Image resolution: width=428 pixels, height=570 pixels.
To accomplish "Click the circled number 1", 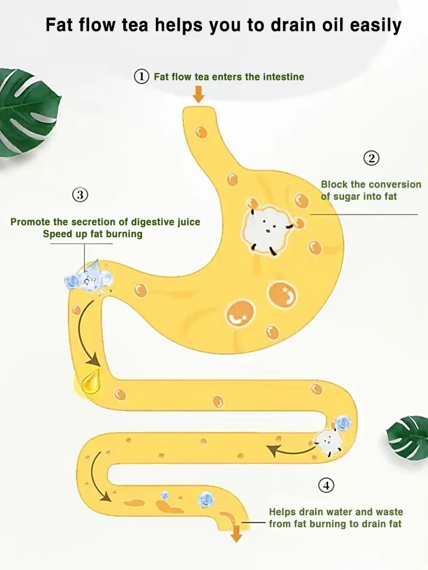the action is point(141,76).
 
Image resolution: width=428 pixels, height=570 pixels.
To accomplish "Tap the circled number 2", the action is point(372,158).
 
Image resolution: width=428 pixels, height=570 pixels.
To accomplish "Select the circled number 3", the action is point(80,195).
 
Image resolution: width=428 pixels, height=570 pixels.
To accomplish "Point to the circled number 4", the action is point(326,486).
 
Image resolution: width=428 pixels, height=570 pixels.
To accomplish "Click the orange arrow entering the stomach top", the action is point(199,93).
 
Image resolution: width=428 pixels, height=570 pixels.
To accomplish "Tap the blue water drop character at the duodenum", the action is point(88,276).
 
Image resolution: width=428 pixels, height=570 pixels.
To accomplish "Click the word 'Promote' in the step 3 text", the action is point(30,222).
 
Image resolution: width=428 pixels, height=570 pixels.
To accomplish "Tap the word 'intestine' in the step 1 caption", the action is point(284,76).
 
